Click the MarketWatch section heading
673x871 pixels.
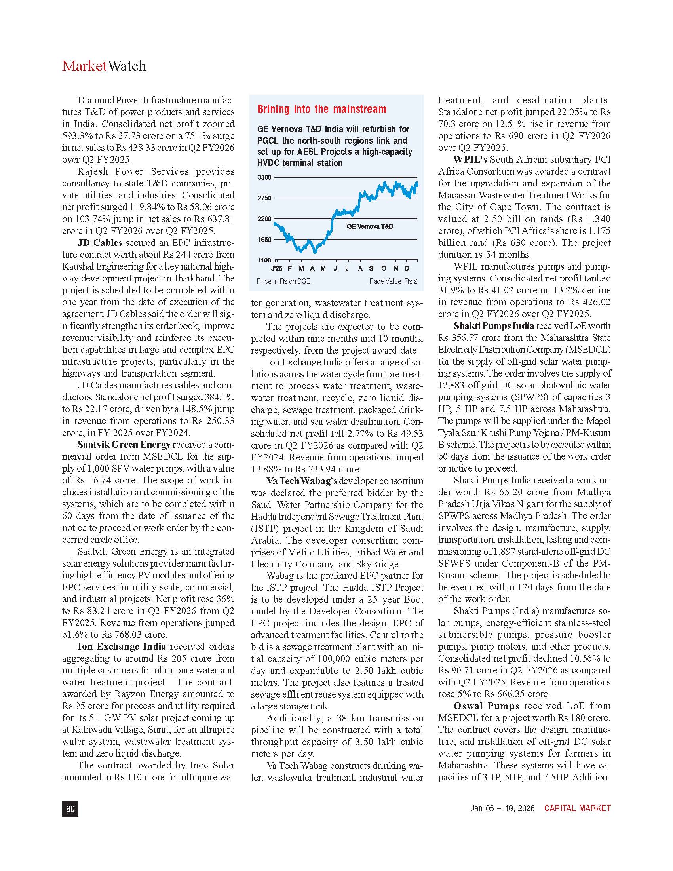tap(104, 66)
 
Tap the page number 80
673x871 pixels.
tap(70, 808)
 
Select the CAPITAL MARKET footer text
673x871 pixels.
tap(577, 808)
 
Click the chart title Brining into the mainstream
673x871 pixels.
tap(322, 109)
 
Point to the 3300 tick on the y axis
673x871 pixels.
tap(264, 177)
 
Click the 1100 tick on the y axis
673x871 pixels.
tap(264, 260)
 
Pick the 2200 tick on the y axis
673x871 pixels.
tap(264, 219)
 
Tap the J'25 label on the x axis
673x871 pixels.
tap(276, 268)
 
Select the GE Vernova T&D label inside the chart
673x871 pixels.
tap(370, 226)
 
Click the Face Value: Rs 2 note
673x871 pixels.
tap(393, 281)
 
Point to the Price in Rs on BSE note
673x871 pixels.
tap(284, 281)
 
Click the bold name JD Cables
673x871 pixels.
tap(100, 243)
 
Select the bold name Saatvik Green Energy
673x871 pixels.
tap(124, 445)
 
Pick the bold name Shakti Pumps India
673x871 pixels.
tap(494, 326)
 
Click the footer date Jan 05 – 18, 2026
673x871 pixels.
tap(502, 808)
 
